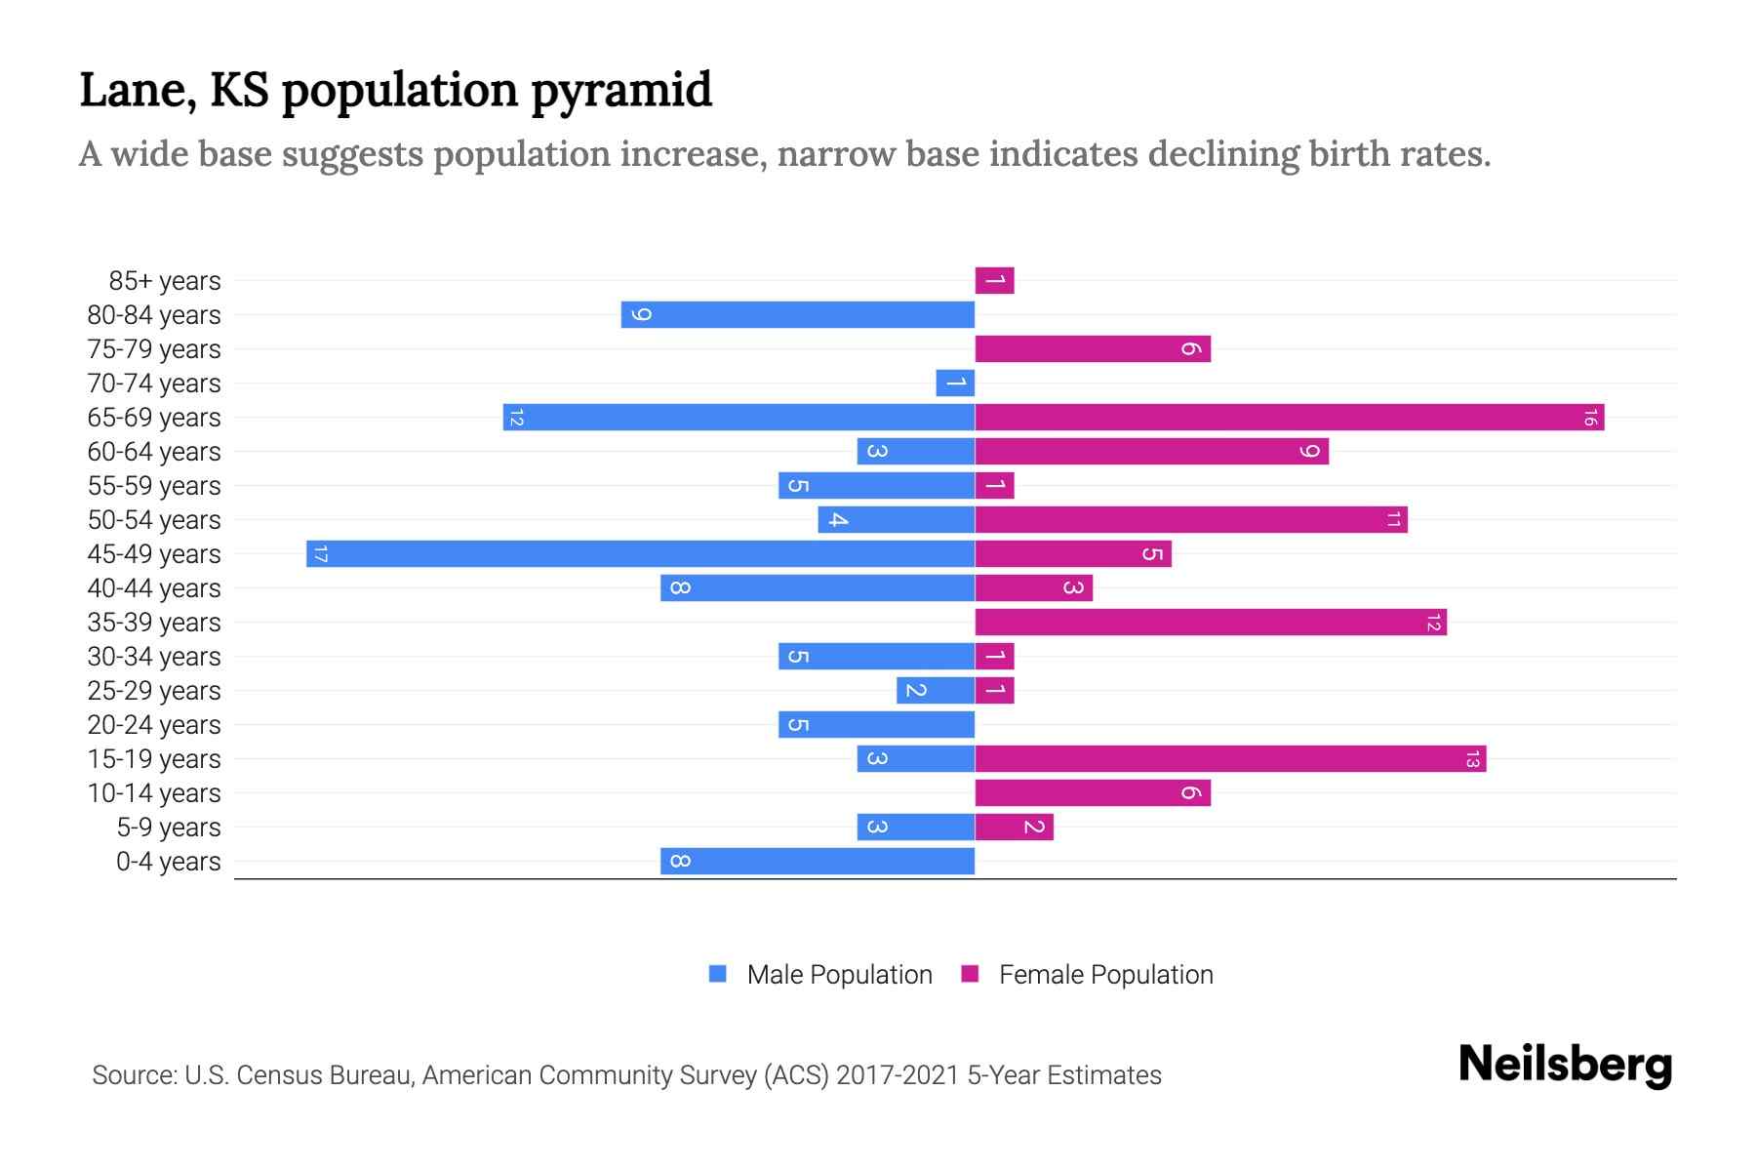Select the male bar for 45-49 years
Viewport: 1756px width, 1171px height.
[x=640, y=554]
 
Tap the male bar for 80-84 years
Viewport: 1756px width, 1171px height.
[x=798, y=315]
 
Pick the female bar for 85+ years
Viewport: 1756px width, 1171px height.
[x=994, y=281]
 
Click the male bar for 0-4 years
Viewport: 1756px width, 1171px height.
[x=818, y=862]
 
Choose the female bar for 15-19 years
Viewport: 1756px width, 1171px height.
[x=1229, y=759]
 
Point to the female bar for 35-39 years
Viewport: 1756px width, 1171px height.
[x=1210, y=623]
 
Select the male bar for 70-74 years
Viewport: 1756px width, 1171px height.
[x=955, y=384]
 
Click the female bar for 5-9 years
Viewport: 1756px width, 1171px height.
[x=1014, y=828]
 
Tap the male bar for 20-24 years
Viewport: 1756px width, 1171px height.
[x=876, y=725]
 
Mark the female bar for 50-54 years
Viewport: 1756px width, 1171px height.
[x=1190, y=520]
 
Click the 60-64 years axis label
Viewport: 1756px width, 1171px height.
[x=154, y=452]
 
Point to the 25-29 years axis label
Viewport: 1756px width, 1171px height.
[x=154, y=691]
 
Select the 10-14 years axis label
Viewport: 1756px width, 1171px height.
[x=154, y=793]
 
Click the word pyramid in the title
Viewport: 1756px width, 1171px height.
[x=621, y=91]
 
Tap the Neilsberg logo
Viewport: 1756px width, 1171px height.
[x=1565, y=1065]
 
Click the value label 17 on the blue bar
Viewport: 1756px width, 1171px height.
[x=320, y=554]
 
